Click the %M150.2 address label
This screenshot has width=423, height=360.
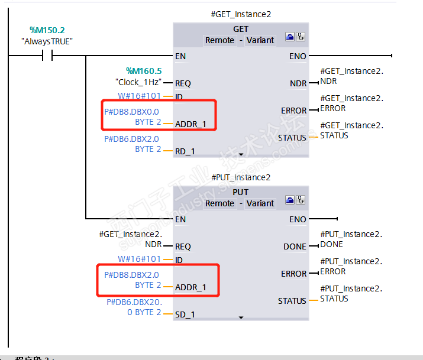[47, 30]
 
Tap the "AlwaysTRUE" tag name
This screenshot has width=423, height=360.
[47, 41]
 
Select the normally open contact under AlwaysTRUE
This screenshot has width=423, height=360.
[47, 56]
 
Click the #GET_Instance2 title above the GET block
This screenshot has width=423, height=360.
[241, 14]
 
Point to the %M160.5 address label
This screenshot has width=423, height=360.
[144, 71]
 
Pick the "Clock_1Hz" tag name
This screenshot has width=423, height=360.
[137, 83]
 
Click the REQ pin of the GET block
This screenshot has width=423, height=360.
[183, 83]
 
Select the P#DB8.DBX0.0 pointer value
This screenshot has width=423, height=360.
[131, 112]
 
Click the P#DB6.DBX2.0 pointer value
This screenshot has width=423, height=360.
[131, 139]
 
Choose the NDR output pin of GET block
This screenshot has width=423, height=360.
[298, 83]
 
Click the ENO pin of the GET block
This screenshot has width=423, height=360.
[298, 56]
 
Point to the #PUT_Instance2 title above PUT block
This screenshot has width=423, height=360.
[241, 177]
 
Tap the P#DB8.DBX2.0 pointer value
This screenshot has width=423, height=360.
[131, 275]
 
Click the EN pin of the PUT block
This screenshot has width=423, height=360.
[180, 219]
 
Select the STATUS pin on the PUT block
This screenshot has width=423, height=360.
[292, 301]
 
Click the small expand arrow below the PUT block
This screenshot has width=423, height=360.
[241, 317]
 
